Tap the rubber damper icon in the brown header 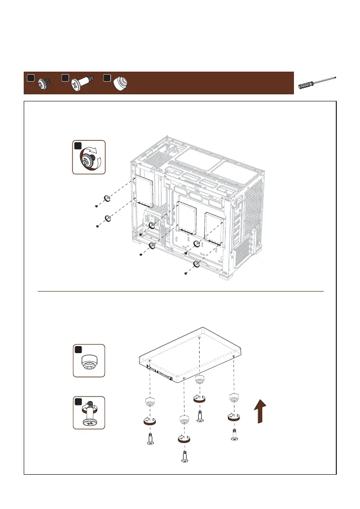[120, 83]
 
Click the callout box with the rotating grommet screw [89, 157]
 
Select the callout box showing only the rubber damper [89, 361]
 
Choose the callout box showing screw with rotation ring [89, 413]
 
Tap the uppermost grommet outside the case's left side [106, 198]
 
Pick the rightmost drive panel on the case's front [214, 224]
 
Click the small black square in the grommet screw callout [78, 146]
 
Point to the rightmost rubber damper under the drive [234, 397]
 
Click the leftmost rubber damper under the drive [149, 402]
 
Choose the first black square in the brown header [31, 78]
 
